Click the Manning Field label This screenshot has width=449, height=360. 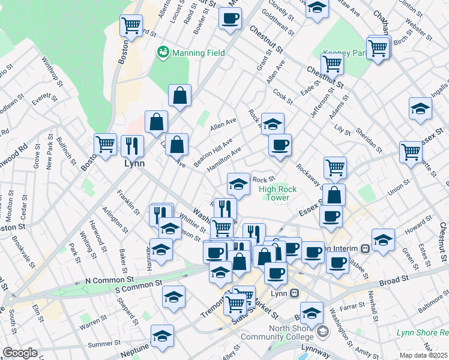pyautogui.click(x=198, y=53)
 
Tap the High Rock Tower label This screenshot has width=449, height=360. pyautogui.click(x=278, y=193)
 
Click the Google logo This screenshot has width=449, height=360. pyautogui.click(x=20, y=353)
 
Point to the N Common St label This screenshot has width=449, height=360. pyautogui.click(x=109, y=280)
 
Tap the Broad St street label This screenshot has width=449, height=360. pyautogui.click(x=394, y=279)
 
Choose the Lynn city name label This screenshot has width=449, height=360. pyautogui.click(x=134, y=164)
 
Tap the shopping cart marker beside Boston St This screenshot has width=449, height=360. pyautogui.click(x=106, y=145)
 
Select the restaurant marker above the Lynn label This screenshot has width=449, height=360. pyautogui.click(x=132, y=145)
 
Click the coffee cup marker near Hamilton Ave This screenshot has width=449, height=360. pyautogui.click(x=280, y=145)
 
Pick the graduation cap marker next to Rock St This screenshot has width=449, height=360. pyautogui.click(x=238, y=184)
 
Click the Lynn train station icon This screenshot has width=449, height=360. pyautogui.click(x=294, y=293)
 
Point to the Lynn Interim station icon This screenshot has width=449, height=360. pyautogui.click(x=364, y=248)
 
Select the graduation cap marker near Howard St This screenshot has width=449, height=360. pyautogui.click(x=383, y=239)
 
